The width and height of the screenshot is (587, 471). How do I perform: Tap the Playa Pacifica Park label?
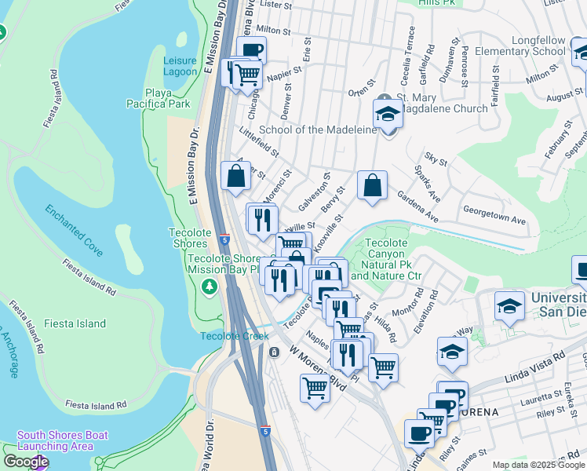[x=168, y=97]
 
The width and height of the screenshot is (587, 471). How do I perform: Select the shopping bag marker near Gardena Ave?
[x=372, y=186]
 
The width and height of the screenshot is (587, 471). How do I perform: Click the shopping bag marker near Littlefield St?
[x=235, y=176]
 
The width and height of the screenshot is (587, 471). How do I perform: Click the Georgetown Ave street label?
[x=494, y=221]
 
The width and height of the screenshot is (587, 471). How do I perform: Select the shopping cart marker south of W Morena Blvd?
[x=315, y=388]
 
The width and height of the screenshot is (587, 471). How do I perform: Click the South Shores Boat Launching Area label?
[x=63, y=440]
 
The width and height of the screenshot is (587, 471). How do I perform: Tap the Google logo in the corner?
[x=26, y=462]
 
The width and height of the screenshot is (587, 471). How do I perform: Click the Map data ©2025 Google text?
[x=538, y=465]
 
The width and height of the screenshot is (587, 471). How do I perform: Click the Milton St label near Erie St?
[x=273, y=31]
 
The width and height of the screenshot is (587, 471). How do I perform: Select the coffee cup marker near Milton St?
[x=251, y=50]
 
